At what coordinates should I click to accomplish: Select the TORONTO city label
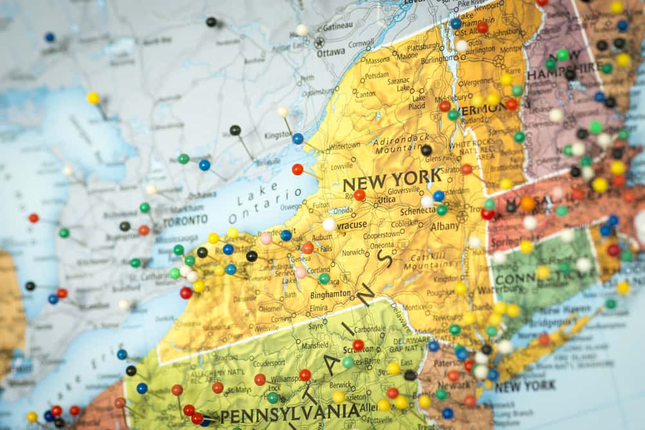coord(185,220)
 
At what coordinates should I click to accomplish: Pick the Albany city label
coord(444,226)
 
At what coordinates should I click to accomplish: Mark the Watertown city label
coord(344,146)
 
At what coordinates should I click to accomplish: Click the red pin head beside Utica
coord(359,195)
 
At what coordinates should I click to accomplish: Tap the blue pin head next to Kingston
coord(297,139)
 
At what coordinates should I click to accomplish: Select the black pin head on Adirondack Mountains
coord(426,150)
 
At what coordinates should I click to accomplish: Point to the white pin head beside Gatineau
coord(301,30)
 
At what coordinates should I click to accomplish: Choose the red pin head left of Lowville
coord(297,170)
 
